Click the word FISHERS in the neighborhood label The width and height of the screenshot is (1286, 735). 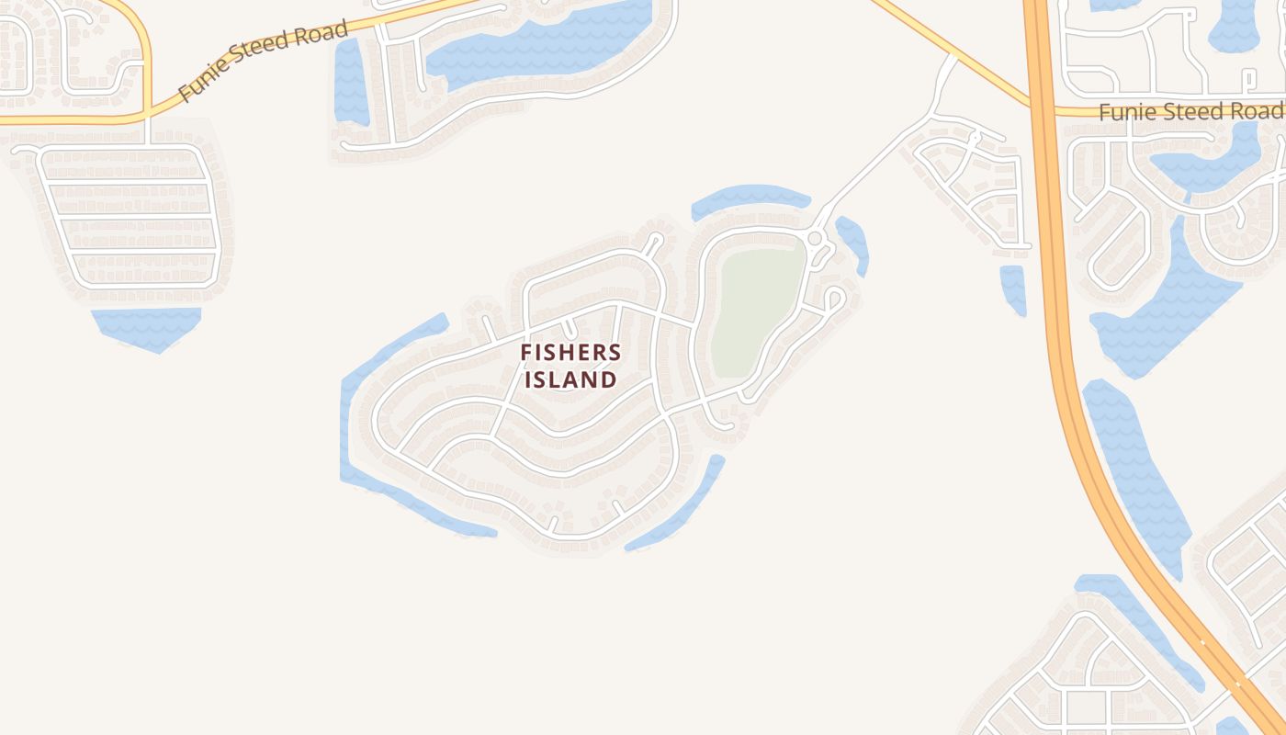570,352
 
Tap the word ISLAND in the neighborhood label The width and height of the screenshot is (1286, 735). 570,379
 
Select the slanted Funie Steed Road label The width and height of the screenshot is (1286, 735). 263,60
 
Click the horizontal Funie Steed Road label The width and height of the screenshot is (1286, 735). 1190,112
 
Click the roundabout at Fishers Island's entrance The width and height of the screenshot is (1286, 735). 814,239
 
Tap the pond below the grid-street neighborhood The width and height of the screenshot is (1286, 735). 147,327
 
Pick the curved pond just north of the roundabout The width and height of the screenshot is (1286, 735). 749,198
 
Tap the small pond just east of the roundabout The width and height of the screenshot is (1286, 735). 853,241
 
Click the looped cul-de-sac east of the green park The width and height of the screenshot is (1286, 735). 834,299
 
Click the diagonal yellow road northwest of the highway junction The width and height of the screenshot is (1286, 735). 955,51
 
